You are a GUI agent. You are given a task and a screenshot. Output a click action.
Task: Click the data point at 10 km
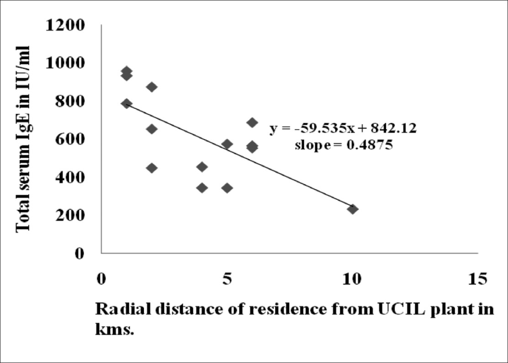point(352,209)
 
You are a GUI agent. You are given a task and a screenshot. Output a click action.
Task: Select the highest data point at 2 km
point(152,87)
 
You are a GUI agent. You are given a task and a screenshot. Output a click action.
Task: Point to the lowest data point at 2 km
point(152,168)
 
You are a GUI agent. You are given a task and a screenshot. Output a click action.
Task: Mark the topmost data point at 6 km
point(252,122)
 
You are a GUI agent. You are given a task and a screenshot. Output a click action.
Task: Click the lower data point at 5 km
point(227,187)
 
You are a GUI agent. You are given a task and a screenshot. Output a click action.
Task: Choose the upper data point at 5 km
point(227,144)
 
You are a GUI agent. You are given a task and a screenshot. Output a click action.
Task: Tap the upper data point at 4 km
point(202,167)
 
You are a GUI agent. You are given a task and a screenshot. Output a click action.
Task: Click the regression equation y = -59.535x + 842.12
point(343,129)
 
